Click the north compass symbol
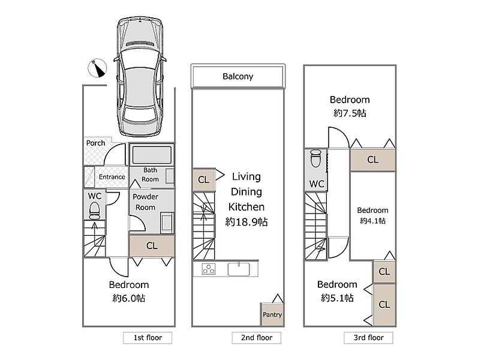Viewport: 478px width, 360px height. point(97,68)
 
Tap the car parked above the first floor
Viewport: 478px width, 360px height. point(140,77)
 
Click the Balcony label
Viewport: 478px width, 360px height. point(238,76)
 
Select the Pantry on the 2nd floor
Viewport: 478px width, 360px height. point(272,314)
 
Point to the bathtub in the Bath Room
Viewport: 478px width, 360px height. point(152,154)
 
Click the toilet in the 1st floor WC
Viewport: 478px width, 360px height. point(94,211)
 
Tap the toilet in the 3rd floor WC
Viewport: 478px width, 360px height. point(315,158)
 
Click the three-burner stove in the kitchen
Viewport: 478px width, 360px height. point(209,269)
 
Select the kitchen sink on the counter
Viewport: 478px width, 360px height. point(239,269)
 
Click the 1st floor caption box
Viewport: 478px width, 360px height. point(148,338)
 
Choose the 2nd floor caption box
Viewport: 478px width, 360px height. point(256,338)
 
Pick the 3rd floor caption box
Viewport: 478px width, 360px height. point(368,338)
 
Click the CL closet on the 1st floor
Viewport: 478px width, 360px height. point(152,246)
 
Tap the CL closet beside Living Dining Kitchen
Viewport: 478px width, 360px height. point(204,179)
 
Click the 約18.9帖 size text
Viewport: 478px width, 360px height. point(246,222)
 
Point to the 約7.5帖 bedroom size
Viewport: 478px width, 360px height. point(350,113)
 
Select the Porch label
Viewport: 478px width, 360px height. point(95,143)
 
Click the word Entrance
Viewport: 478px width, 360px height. point(112,177)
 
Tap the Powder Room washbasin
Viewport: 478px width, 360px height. point(167,223)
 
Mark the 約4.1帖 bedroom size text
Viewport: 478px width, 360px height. point(372,221)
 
